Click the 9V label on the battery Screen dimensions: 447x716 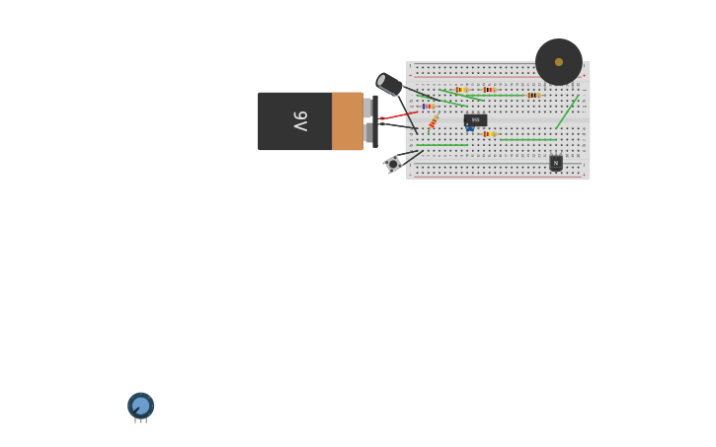point(300,121)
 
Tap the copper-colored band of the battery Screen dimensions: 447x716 point(347,121)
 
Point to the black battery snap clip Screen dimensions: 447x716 point(375,121)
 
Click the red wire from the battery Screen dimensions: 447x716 point(398,115)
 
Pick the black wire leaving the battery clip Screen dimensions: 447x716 point(397,125)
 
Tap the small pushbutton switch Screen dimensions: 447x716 point(393,164)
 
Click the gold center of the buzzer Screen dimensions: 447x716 point(559,62)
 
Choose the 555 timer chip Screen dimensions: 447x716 point(475,119)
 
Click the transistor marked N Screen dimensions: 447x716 point(556,163)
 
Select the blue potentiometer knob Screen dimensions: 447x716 point(140,405)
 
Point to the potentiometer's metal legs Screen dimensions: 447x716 point(140,420)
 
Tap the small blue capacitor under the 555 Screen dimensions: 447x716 point(470,129)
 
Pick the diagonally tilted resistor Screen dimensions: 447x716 point(434,121)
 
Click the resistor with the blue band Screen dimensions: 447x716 point(429,106)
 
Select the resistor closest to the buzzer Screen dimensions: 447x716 point(533,95)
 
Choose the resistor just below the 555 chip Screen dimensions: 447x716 point(488,133)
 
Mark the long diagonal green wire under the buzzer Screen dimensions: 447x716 point(567,112)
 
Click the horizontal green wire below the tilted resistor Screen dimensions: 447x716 point(441,144)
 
